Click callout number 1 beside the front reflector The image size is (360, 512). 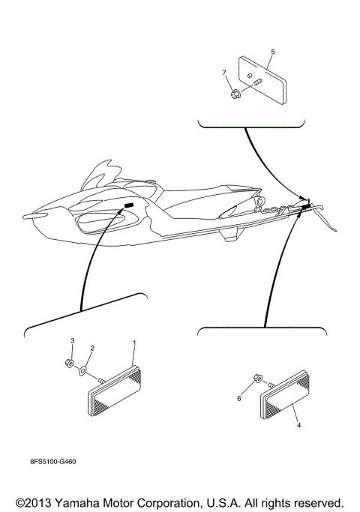pos(133,343)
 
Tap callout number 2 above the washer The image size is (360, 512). pos(92,348)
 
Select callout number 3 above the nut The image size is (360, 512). pos(73,341)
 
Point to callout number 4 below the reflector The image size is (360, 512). pos(298,425)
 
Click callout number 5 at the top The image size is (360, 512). pos(272,52)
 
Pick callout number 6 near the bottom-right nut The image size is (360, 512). pos(239,398)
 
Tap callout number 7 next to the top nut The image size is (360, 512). pos(223,72)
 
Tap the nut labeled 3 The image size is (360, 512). pos(70,364)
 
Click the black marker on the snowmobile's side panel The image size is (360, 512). pos(128,205)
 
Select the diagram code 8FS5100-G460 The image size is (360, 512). pos(53,461)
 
